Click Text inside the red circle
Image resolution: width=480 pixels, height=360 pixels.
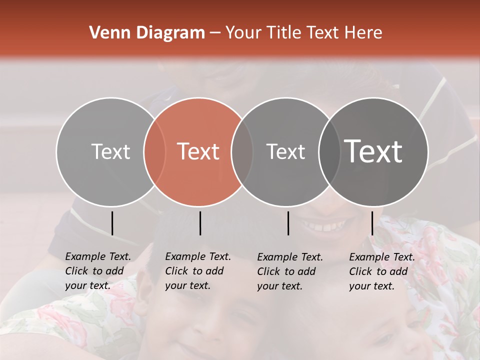pos(198,151)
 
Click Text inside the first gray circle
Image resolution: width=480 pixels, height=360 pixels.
pos(110,151)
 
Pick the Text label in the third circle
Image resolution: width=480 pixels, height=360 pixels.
pos(285,151)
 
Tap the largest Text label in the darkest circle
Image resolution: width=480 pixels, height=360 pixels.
pos(373,151)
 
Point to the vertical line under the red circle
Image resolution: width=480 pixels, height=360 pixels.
pos(200,223)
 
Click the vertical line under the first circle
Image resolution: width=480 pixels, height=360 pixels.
pos(112,223)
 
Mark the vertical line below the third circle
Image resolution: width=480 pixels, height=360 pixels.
pos(288,223)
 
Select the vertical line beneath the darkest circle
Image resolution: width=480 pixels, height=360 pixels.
pos(372,223)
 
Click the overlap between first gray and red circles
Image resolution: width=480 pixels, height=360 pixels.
pos(154,151)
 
